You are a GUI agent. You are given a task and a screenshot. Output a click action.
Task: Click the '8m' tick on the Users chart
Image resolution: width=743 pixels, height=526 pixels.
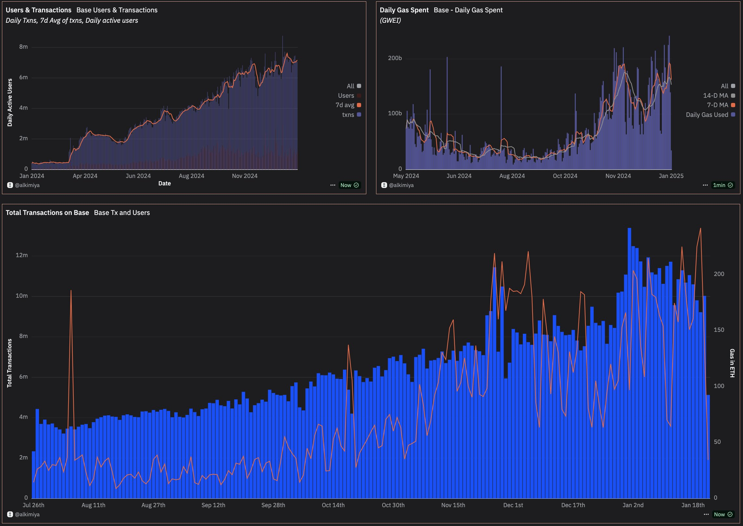pyautogui.click(x=23, y=47)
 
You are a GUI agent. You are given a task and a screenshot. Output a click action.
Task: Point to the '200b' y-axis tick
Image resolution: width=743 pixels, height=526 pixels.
pyautogui.click(x=395, y=58)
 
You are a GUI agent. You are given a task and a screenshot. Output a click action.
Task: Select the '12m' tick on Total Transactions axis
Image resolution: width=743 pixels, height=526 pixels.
pyautogui.click(x=22, y=255)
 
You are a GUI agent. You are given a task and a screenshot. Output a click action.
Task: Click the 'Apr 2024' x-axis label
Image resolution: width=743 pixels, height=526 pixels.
pyautogui.click(x=85, y=176)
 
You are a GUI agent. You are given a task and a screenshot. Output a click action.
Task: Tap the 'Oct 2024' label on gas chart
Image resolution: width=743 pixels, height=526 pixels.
pyautogui.click(x=565, y=176)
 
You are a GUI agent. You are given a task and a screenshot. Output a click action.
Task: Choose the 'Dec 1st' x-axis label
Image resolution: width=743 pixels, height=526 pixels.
pyautogui.click(x=513, y=505)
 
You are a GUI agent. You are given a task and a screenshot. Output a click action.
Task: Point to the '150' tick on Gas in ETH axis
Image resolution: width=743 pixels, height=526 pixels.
pyautogui.click(x=719, y=330)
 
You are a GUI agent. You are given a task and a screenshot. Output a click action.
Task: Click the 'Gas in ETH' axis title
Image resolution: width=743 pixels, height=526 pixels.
pyautogui.click(x=732, y=363)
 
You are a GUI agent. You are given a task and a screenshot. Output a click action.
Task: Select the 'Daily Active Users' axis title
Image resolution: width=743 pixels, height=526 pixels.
pyautogui.click(x=10, y=103)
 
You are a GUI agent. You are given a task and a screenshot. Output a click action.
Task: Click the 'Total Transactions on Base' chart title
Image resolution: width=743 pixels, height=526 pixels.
pyautogui.click(x=47, y=213)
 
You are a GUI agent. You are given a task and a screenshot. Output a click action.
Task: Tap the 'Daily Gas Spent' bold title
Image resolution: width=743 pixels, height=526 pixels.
pyautogui.click(x=404, y=10)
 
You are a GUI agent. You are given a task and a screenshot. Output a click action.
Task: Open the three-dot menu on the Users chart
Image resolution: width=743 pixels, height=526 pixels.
pyautogui.click(x=333, y=185)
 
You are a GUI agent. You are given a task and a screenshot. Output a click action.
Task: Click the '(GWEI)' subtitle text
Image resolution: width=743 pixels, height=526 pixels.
pyautogui.click(x=390, y=20)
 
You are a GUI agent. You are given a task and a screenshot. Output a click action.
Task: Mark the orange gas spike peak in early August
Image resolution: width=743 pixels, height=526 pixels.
pyautogui.click(x=71, y=291)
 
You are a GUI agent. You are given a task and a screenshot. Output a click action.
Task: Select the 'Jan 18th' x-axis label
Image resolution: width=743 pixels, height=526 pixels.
pyautogui.click(x=693, y=505)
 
